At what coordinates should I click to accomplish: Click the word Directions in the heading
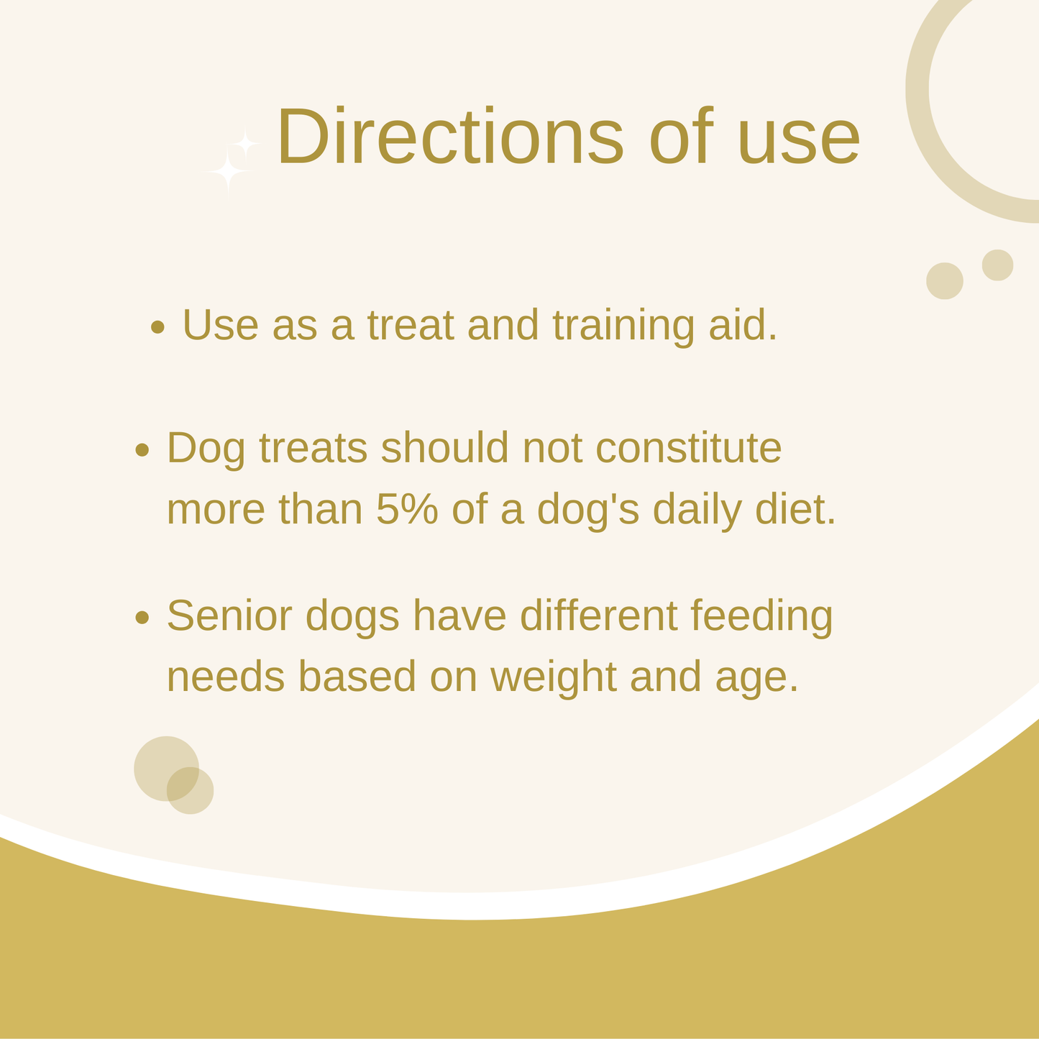[x=451, y=135]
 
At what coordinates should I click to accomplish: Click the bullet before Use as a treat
[x=157, y=327]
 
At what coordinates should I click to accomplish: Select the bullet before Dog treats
[x=142, y=449]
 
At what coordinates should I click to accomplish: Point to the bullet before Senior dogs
[x=142, y=618]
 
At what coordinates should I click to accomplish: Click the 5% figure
[x=407, y=508]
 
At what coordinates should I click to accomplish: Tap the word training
[x=624, y=326]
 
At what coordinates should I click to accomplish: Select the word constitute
[x=689, y=448]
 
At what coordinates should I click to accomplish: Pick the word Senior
[x=229, y=615]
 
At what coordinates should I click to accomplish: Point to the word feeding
[x=761, y=618]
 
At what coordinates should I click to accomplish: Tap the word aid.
[x=743, y=324]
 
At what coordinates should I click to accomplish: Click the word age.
[x=756, y=682]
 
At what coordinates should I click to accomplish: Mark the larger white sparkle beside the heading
[x=228, y=171]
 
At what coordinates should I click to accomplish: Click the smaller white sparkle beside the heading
[x=246, y=144]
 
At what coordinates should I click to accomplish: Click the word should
[x=445, y=447]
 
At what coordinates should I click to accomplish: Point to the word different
[x=598, y=615]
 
